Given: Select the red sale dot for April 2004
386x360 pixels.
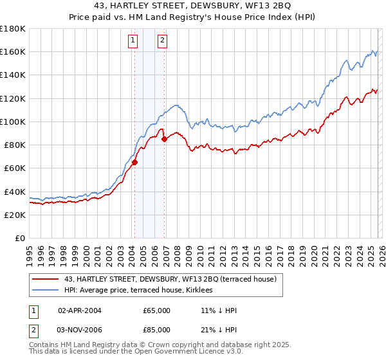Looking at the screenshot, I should coord(134,163).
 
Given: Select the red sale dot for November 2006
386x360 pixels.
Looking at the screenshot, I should coord(165,139).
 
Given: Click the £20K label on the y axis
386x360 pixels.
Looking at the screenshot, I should coord(15,215).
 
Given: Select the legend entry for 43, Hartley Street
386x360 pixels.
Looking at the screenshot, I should coord(170,278).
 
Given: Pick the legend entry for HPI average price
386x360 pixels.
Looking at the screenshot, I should coord(142,291).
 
